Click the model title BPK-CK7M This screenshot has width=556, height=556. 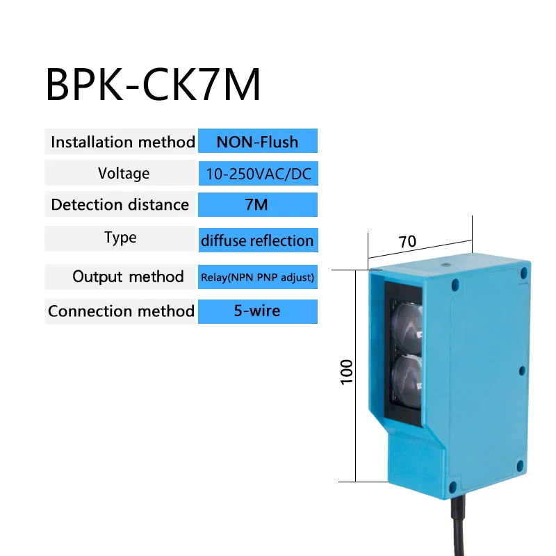(153, 85)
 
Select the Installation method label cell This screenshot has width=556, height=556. (122, 142)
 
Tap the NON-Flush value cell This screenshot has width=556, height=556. (257, 142)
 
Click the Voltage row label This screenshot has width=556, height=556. (123, 173)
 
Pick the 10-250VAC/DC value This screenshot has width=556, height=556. (257, 174)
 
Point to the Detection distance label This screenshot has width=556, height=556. (120, 204)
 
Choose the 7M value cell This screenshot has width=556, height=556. (257, 204)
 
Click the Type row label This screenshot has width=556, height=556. (120, 238)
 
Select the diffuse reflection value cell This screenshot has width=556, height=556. (257, 240)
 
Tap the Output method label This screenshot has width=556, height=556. (128, 277)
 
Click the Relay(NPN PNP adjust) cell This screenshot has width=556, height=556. (257, 277)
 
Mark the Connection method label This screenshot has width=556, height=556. (121, 311)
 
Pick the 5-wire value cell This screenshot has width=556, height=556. (257, 311)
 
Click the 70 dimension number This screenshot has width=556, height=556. (407, 241)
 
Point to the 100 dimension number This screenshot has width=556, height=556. (347, 371)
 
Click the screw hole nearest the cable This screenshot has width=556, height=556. (454, 487)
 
